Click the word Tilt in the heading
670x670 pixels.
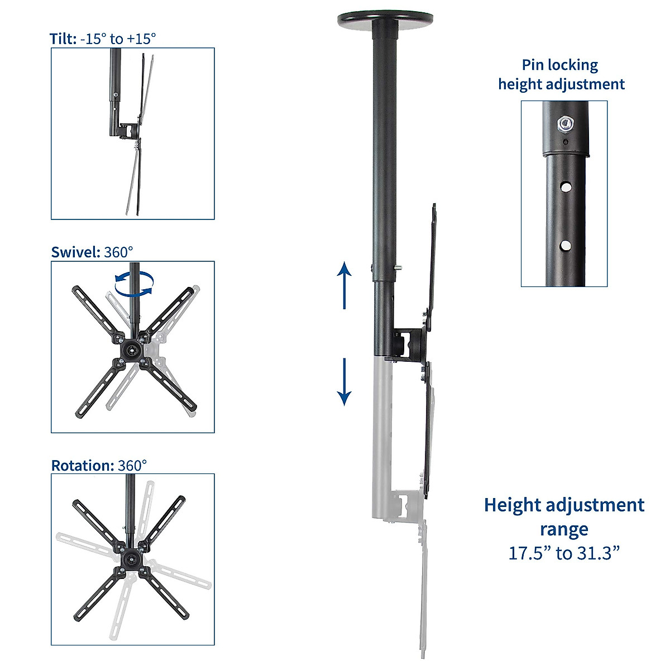pyautogui.click(x=62, y=39)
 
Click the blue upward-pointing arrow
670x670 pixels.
pyautogui.click(x=344, y=284)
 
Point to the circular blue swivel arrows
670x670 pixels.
pyautogui.click(x=133, y=283)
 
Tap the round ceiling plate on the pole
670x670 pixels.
pyautogui.click(x=385, y=21)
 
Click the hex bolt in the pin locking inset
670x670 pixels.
pyautogui.click(x=565, y=123)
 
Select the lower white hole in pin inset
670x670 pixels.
pyautogui.click(x=566, y=245)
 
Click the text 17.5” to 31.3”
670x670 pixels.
pyautogui.click(x=564, y=553)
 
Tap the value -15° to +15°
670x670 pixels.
pyautogui.click(x=118, y=39)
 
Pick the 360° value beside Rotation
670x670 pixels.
pyautogui.click(x=132, y=466)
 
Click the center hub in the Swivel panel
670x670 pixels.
pyautogui.click(x=132, y=350)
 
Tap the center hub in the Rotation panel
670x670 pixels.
pyautogui.click(x=131, y=558)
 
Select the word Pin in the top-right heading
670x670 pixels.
pyautogui.click(x=532, y=65)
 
